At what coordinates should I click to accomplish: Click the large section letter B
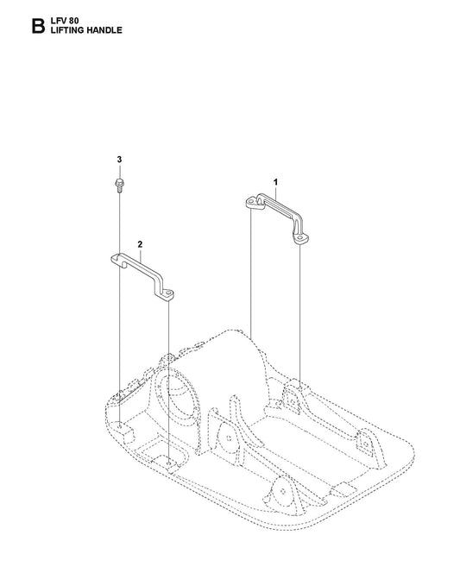tap(38, 26)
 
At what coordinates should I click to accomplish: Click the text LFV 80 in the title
tap(65, 21)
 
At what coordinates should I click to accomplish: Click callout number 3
tap(119, 160)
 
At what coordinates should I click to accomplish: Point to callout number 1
tap(276, 181)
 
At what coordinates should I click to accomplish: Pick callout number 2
tap(140, 243)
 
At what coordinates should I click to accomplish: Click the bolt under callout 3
tap(119, 185)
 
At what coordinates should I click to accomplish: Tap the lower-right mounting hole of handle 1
tap(299, 238)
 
